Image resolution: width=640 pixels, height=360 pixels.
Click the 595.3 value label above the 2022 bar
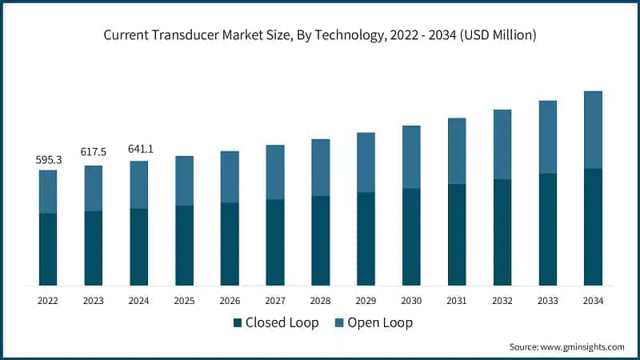[x=48, y=160]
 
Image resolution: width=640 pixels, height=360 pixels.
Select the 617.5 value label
[x=94, y=152]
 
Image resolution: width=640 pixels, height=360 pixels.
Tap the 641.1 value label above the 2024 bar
[x=139, y=149]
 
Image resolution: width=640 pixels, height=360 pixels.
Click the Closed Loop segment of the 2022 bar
[x=48, y=249]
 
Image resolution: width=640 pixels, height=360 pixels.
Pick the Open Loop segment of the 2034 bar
[x=593, y=130]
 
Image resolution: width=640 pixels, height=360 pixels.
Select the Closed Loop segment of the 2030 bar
[x=411, y=237]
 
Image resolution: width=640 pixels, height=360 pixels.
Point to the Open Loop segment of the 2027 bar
[x=275, y=172]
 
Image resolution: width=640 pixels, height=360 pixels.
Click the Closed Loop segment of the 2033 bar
[x=547, y=230]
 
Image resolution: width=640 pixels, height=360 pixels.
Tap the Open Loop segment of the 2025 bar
[x=184, y=181]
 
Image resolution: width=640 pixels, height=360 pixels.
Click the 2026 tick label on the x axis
[x=230, y=301]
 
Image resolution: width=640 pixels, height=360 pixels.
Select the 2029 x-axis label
[x=366, y=301]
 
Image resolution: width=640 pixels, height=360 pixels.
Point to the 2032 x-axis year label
[x=502, y=301]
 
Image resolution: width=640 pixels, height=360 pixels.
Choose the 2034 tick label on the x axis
[x=593, y=301]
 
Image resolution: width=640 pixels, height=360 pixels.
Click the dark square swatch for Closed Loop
[x=238, y=323]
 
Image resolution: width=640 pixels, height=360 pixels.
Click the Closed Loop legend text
[x=282, y=323]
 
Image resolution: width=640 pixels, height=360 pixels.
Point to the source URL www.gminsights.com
[x=582, y=346]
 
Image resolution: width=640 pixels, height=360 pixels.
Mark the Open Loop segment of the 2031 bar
[x=457, y=151]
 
